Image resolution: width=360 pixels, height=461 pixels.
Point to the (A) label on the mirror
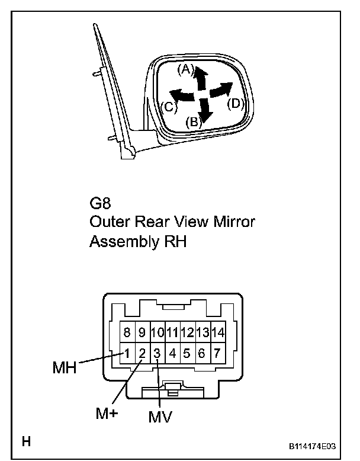click(186, 69)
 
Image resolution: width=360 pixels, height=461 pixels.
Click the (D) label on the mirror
click(236, 103)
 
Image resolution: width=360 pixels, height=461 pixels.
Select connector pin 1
click(127, 354)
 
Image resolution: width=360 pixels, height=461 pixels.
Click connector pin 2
click(142, 354)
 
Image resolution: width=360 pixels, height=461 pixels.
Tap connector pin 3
click(157, 354)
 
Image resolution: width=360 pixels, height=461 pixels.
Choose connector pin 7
click(217, 354)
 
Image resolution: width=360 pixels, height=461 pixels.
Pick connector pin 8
click(127, 332)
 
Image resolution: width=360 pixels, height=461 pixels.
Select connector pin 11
click(172, 332)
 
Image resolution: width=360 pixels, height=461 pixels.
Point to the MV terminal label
click(160, 417)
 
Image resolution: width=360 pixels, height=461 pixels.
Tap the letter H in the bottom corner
click(26, 441)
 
